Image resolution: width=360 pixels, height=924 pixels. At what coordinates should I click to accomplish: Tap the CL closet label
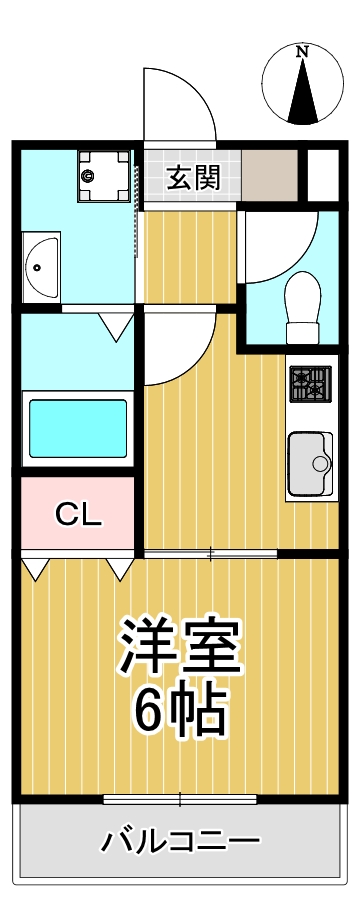78,515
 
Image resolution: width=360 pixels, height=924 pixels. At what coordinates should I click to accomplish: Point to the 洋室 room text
181,648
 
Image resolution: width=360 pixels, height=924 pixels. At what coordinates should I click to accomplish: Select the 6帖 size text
181,710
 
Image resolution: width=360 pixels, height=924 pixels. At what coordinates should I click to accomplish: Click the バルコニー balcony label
181,841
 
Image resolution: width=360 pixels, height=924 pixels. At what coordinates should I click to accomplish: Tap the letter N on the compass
302,51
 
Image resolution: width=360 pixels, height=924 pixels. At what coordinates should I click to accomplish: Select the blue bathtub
78,428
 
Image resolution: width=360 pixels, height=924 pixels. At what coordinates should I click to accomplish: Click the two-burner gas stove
310,384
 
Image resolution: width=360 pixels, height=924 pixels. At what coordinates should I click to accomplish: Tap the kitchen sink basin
311,462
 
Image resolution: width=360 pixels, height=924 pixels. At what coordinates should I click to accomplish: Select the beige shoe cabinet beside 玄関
271,176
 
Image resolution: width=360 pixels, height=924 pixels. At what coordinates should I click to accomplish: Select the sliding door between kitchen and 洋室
210,553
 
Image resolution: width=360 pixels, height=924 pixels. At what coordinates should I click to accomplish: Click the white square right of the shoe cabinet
322,175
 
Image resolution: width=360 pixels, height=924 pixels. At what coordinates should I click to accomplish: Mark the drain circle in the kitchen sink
322,463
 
